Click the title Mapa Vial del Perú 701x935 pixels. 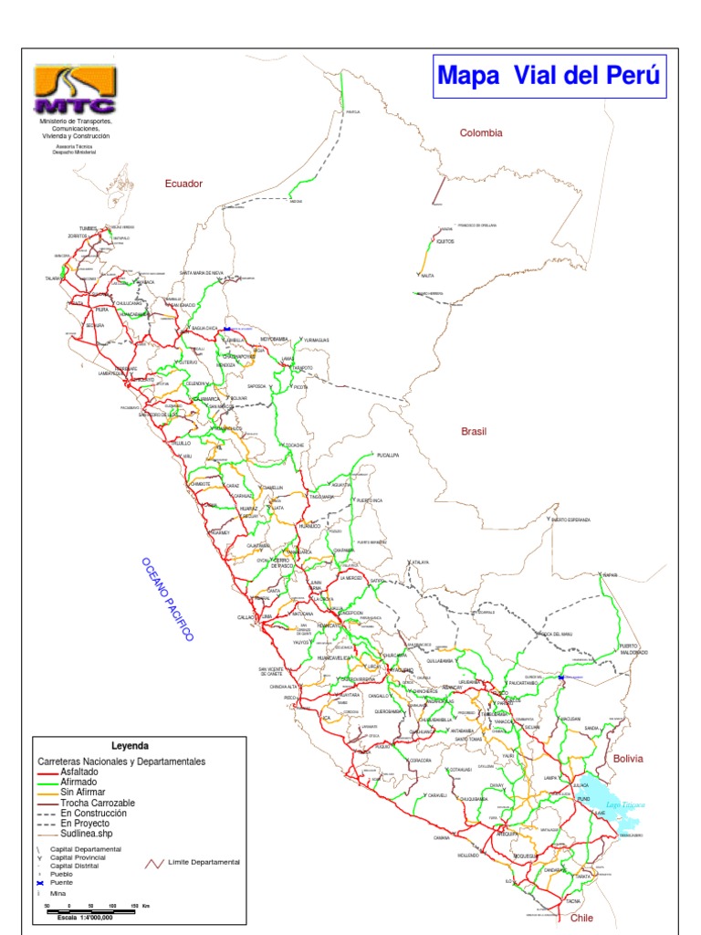[549, 75]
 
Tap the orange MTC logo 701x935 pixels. [75, 89]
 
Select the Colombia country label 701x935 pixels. [481, 133]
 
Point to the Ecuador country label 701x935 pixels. [183, 184]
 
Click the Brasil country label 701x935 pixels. [475, 431]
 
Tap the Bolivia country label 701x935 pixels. [628, 759]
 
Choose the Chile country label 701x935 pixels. [581, 918]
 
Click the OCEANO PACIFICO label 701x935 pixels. [167, 600]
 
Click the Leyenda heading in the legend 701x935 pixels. [130, 746]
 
